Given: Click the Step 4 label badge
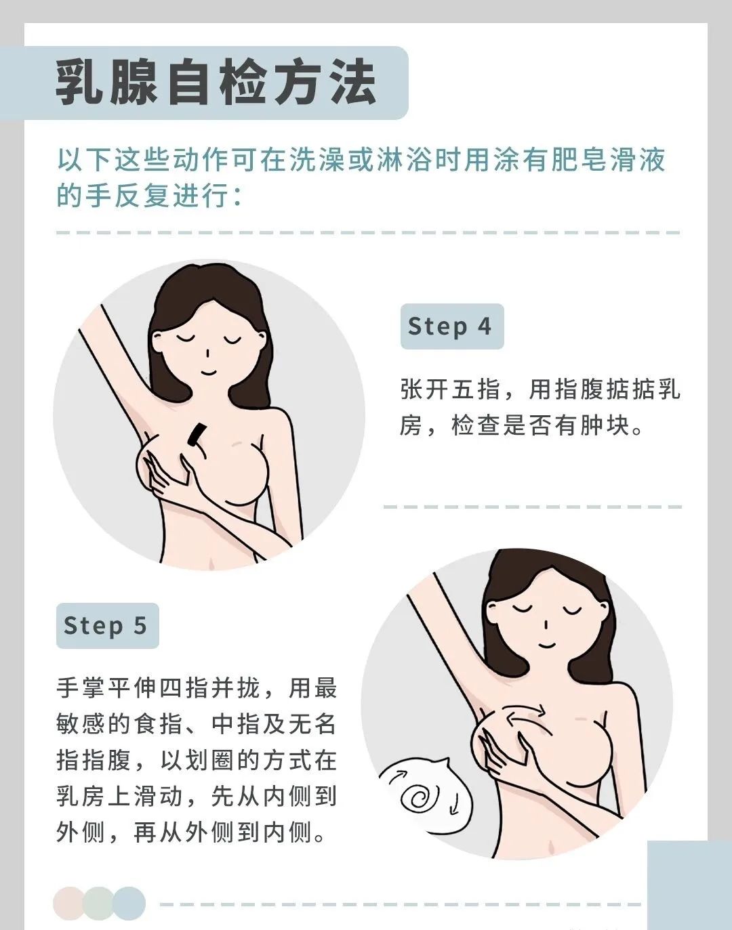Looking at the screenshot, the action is tap(452, 326).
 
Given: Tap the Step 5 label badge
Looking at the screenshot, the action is tap(108, 625).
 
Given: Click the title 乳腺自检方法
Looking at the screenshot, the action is tap(216, 83).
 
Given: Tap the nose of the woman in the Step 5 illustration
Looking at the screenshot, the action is tap(546, 625).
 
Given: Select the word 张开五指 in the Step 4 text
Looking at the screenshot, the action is tap(450, 389).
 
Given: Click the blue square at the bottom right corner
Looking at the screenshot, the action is tap(689, 885).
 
